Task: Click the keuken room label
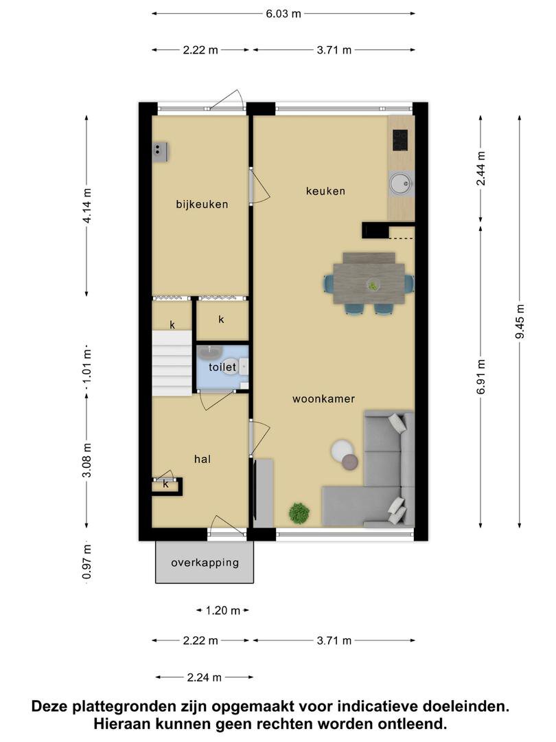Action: click(325, 191)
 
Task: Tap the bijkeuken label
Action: click(202, 205)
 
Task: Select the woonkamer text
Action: click(323, 399)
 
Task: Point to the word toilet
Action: click(222, 367)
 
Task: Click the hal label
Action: click(202, 459)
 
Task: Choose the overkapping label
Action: click(205, 563)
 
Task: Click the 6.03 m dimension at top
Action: click(283, 14)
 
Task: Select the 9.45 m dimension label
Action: click(520, 322)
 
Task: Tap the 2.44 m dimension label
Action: click(480, 168)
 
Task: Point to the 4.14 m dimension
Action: click(86, 206)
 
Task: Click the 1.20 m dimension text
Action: click(222, 611)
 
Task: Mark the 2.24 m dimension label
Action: click(205, 677)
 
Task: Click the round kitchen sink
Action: click(401, 183)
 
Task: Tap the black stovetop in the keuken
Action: click(400, 141)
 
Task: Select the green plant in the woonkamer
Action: click(299, 513)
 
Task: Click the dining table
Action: click(369, 282)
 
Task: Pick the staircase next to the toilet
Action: click(172, 363)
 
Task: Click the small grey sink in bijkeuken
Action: click(159, 152)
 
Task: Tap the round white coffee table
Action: click(342, 450)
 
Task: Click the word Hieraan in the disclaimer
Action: click(119, 724)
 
